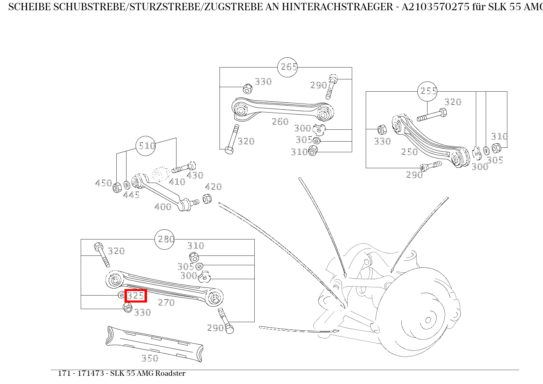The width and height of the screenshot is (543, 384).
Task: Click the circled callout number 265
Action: pyautogui.click(x=287, y=67)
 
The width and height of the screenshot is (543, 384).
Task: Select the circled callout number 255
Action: pyautogui.click(x=428, y=91)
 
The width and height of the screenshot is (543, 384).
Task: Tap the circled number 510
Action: pyautogui.click(x=146, y=146)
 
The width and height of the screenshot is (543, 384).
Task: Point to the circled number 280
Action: pyautogui.click(x=165, y=239)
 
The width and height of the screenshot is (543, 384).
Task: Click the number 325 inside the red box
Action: pyautogui.click(x=136, y=295)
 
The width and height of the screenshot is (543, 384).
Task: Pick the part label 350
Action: pyautogui.click(x=150, y=358)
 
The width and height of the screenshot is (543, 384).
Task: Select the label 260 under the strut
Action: pyautogui.click(x=280, y=122)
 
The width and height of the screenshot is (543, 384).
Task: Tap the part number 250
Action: pyautogui.click(x=410, y=152)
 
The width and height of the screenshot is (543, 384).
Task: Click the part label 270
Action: pyautogui.click(x=166, y=303)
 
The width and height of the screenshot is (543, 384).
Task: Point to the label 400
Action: pyautogui.click(x=163, y=207)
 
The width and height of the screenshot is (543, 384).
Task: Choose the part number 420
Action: pyautogui.click(x=213, y=187)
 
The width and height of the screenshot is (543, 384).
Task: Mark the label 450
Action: pyautogui.click(x=103, y=183)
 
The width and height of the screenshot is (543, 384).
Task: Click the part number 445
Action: pyautogui.click(x=131, y=195)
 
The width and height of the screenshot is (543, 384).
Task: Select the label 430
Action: pyautogui.click(x=195, y=175)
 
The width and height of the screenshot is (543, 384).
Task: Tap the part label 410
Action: pyautogui.click(x=177, y=182)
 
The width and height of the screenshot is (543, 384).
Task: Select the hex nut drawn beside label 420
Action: pyautogui.click(x=207, y=199)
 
